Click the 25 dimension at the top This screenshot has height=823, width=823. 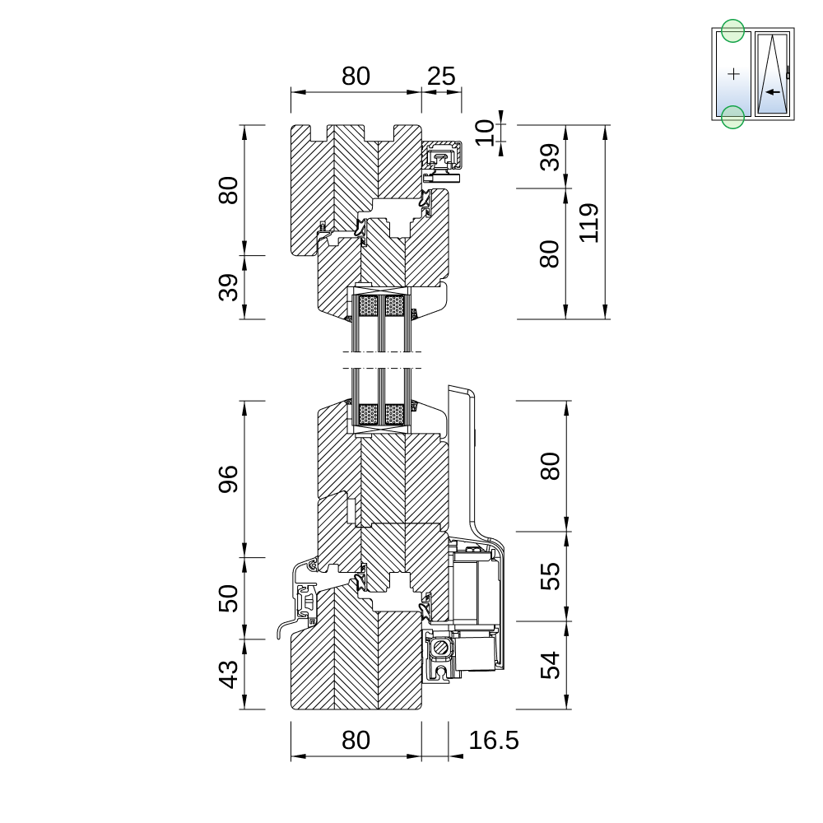point(441,77)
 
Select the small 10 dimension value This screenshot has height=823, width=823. point(484,133)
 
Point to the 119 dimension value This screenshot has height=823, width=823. point(588,222)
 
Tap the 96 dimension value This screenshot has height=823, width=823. point(228,479)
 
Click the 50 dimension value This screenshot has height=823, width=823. point(228,598)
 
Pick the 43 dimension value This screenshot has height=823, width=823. point(228,674)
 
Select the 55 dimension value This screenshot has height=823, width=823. point(550,576)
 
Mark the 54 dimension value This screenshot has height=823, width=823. point(550,665)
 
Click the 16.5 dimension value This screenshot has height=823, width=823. point(493,741)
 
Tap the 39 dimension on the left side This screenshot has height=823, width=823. point(228,287)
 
